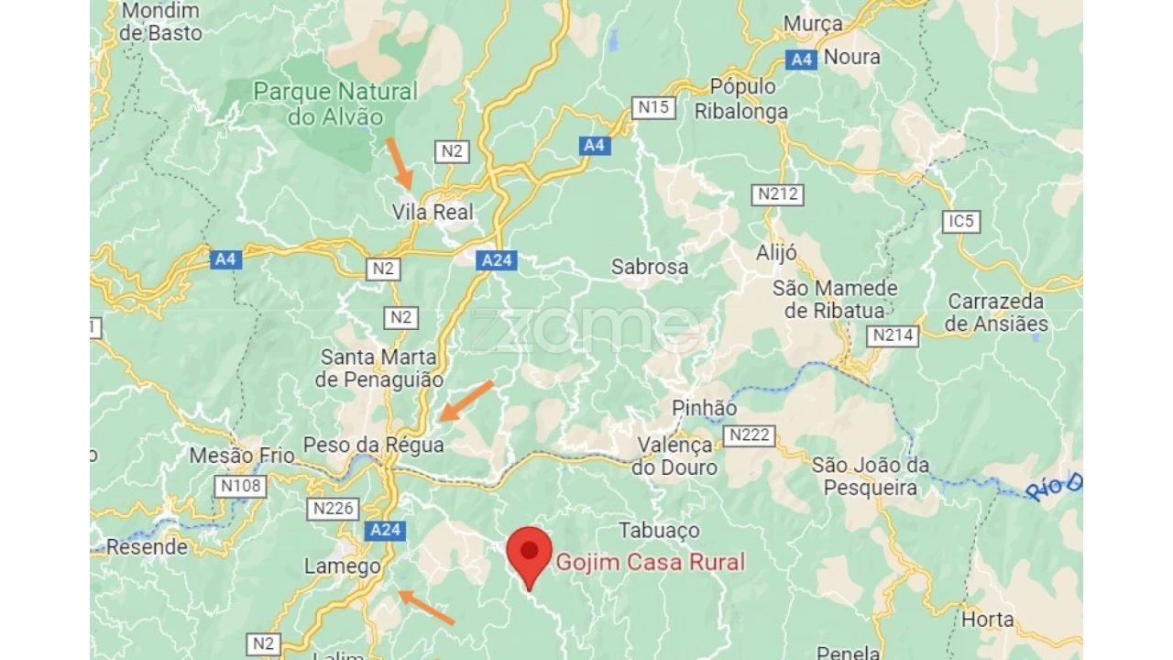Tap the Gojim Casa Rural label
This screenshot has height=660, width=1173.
[650, 562]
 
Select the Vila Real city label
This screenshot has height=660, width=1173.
[433, 213]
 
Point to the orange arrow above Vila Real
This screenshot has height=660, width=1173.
[400, 163]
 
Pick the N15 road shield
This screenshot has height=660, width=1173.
[653, 108]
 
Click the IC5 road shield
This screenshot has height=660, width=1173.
[961, 222]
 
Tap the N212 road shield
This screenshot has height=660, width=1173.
[778, 194]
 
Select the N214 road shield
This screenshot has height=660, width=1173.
[893, 336]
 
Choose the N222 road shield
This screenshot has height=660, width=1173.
[749, 435]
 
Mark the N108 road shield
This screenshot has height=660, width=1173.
[241, 486]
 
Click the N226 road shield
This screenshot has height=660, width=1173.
[334, 509]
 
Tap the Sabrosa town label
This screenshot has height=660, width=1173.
[650, 268]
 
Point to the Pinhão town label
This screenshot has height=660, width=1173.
[704, 408]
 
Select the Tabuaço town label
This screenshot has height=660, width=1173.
[659, 531]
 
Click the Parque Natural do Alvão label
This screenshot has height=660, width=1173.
[334, 104]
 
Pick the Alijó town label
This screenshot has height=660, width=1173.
[776, 254]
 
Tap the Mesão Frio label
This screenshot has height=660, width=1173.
[242, 456]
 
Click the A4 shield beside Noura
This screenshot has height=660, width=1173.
[802, 60]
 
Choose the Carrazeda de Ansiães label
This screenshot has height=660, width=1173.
[996, 313]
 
